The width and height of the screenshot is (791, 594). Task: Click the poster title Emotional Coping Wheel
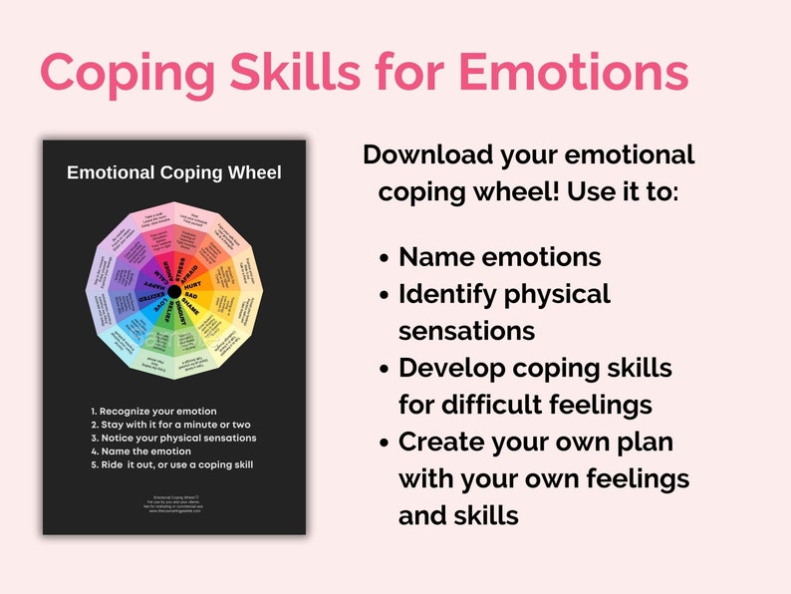[x=174, y=172]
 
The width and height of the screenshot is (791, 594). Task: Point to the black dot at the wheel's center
[x=174, y=291]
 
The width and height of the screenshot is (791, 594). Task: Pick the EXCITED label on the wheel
[x=151, y=298]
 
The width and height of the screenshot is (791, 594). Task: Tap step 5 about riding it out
[x=164, y=464]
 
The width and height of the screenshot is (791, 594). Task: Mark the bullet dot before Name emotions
[x=385, y=258]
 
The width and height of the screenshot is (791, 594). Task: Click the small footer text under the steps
[x=173, y=503]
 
